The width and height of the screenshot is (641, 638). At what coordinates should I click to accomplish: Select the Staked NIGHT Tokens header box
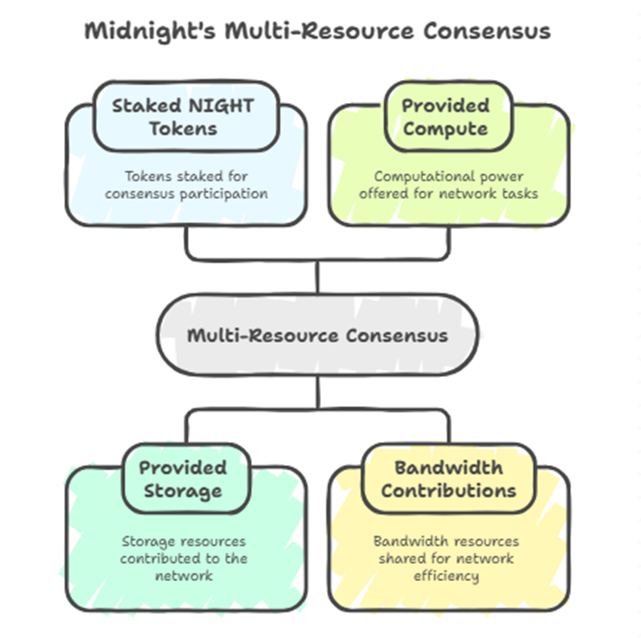pos(186,117)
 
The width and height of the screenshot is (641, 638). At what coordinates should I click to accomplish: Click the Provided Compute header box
pos(447,117)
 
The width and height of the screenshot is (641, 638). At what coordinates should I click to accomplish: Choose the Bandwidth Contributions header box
pos(448,479)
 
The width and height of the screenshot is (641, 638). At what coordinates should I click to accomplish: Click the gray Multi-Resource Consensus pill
pos(317,335)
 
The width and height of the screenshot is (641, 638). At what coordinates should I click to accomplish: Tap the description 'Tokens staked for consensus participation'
pos(186,185)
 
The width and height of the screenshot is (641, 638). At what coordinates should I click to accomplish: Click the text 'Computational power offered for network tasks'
pos(448,185)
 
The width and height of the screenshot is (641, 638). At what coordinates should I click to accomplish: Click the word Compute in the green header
pos(447,129)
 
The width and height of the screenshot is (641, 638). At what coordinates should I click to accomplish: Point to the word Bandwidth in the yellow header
pos(448,467)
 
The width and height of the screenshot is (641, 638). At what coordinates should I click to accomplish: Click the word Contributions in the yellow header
pos(448,491)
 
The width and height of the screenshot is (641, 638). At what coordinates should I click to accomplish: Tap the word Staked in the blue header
pos(143,105)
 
